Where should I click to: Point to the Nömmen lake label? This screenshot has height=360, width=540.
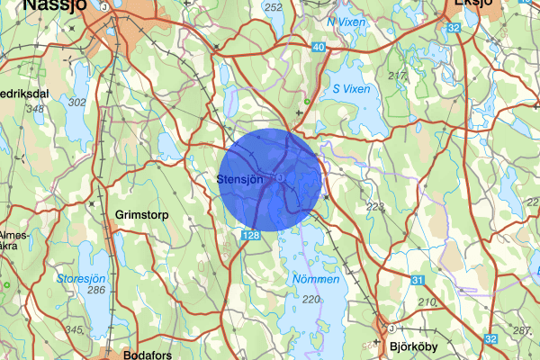[x=317, y=280]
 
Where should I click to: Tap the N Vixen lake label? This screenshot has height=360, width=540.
[x=346, y=21]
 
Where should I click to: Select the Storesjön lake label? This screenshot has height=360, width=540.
[x=84, y=279]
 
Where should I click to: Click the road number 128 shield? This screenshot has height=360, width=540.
[x=252, y=234]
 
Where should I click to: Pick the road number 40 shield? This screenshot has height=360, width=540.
[x=319, y=46]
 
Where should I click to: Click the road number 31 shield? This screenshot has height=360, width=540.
[x=418, y=282]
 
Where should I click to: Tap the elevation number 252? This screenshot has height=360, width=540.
[x=274, y=7]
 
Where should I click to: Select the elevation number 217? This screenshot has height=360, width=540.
[x=397, y=76]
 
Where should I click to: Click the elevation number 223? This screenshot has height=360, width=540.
[x=375, y=208]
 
